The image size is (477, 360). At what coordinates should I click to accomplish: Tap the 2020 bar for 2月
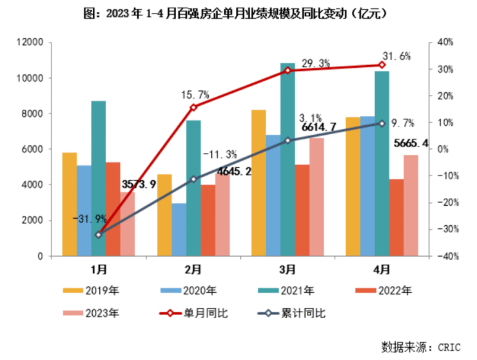[179, 230]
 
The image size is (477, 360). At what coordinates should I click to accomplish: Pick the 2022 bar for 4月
[396, 217]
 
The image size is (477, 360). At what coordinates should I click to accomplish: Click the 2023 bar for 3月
[316, 197]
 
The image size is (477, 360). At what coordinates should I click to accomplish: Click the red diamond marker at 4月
[382, 65]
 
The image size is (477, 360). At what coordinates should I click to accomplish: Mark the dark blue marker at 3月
[287, 141]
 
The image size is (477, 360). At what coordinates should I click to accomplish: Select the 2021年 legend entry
[291, 290]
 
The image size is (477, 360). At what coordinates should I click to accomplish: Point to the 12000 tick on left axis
[30, 43]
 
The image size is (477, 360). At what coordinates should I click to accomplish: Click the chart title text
[239, 13]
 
